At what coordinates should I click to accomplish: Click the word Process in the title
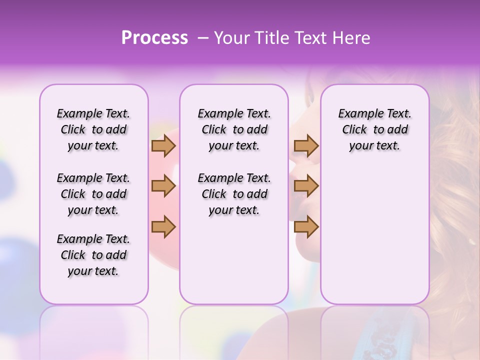[154, 38]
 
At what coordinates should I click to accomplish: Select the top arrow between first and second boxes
[163, 146]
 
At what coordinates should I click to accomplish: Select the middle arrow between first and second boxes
[163, 186]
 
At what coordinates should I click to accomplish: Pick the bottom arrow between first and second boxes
[163, 226]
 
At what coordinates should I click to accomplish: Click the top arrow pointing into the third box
[306, 146]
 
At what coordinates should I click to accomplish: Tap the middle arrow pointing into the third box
[306, 186]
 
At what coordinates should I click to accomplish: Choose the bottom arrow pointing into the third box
[306, 226]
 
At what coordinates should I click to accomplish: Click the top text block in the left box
[93, 129]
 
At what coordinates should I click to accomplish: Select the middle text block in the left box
[93, 194]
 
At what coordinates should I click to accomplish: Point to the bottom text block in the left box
[93, 255]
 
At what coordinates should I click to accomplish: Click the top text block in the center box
[234, 129]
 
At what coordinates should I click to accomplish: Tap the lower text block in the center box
[234, 194]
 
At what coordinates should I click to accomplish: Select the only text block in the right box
[374, 129]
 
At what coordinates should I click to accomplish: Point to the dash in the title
[203, 38]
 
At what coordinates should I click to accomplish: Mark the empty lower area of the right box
[374, 235]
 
